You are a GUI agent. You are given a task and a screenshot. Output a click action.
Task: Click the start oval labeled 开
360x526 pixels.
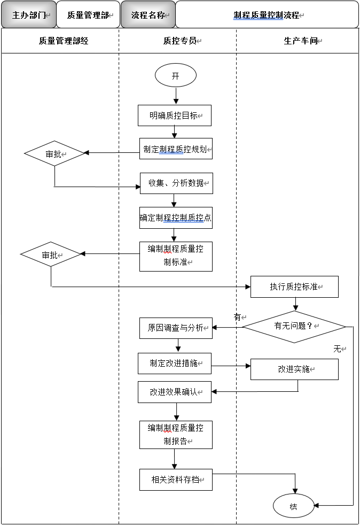pos(175,76)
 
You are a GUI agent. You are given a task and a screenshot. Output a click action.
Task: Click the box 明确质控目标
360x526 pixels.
pos(175,115)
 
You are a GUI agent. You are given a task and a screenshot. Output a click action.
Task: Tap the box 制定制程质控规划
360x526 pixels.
pos(176,149)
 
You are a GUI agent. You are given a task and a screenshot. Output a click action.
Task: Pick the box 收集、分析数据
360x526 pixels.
pos(176,183)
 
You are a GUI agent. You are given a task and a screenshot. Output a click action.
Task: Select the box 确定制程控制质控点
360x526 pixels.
pos(176,218)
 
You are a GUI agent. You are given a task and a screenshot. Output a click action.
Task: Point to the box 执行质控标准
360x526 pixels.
pos(294,287)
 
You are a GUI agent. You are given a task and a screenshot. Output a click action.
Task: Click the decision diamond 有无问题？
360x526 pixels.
pos(294,326)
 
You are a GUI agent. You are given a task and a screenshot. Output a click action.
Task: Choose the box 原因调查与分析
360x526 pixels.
pos(176,328)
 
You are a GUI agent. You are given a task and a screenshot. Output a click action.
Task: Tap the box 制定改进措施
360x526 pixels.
pos(174,363)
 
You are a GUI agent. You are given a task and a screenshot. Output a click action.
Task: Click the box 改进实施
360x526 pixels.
pos(294,369)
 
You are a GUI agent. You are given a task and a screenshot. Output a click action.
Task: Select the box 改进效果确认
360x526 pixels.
pos(174,392)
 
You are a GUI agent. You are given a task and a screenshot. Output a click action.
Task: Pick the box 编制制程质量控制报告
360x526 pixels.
pos(176,434)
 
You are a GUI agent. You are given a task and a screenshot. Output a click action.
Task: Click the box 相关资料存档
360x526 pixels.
pos(176,479)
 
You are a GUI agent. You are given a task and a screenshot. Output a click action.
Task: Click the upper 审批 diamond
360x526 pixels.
pos(54,154)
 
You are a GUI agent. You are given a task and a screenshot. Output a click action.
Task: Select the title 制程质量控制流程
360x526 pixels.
pos(267,15)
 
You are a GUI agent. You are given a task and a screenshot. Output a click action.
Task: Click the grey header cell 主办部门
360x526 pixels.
pos(28,15)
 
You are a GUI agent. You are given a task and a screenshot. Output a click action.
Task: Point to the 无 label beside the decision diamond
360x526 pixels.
pos(338,349)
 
